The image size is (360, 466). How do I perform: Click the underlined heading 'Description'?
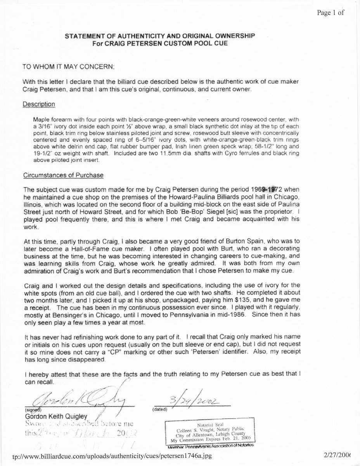click(x=38, y=104)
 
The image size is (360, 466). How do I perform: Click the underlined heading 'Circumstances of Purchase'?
click(x=63, y=175)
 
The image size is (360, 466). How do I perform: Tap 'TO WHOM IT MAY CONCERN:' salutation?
click(x=69, y=67)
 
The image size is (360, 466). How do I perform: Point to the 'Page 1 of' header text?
click(x=330, y=12)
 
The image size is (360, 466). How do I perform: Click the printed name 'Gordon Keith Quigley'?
click(x=56, y=417)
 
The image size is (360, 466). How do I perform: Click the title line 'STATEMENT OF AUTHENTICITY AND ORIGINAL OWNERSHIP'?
click(x=159, y=36)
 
